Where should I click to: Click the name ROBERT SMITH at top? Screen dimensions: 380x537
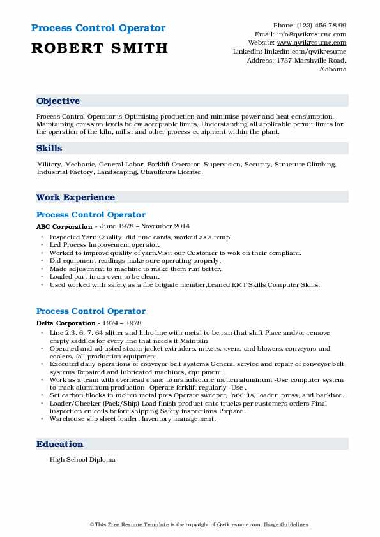pyautogui.click(x=99, y=48)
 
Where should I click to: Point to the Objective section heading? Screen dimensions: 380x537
pyautogui.click(x=58, y=101)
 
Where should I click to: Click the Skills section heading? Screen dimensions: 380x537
pyautogui.click(x=49, y=149)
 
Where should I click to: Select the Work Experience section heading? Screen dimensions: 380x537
pyautogui.click(x=75, y=198)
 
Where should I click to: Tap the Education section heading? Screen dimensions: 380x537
pyautogui.click(x=60, y=444)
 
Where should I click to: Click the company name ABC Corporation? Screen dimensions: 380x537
pyautogui.click(x=64, y=226)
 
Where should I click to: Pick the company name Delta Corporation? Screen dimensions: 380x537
pyautogui.click(x=66, y=323)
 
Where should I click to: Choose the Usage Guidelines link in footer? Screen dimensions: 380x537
pyautogui.click(x=286, y=524)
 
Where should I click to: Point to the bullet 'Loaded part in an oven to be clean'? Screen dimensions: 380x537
pyautogui.click(x=105, y=277)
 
